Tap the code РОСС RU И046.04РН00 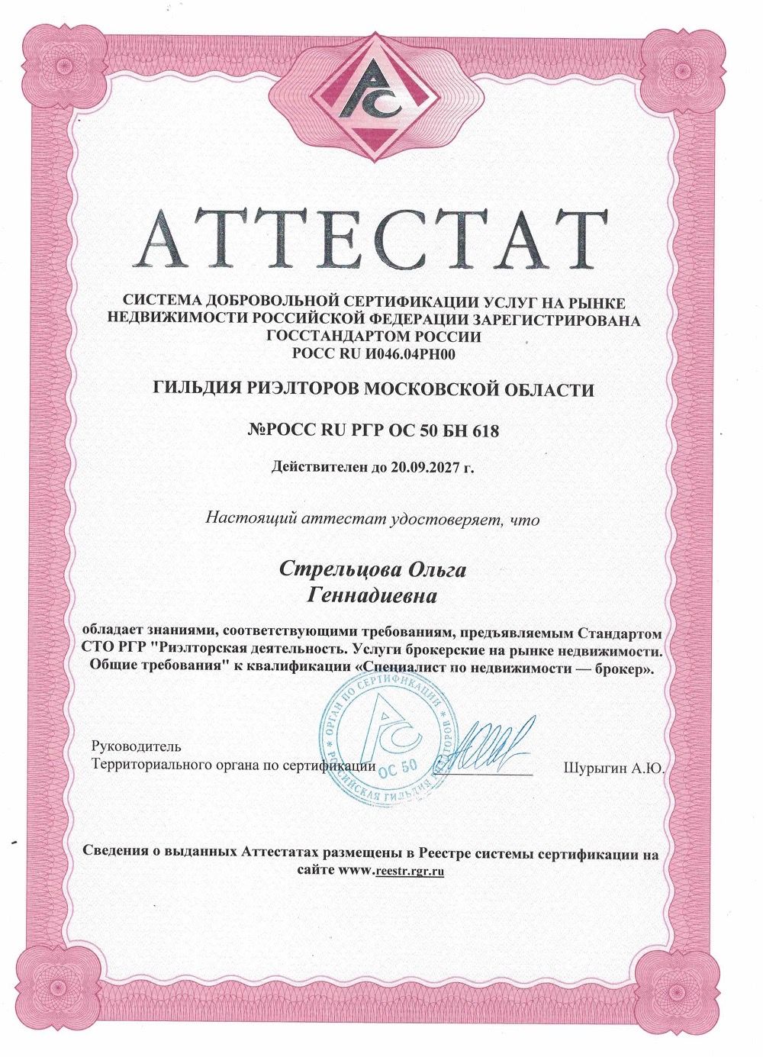(373, 353)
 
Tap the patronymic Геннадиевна (372, 595)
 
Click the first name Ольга (433, 570)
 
